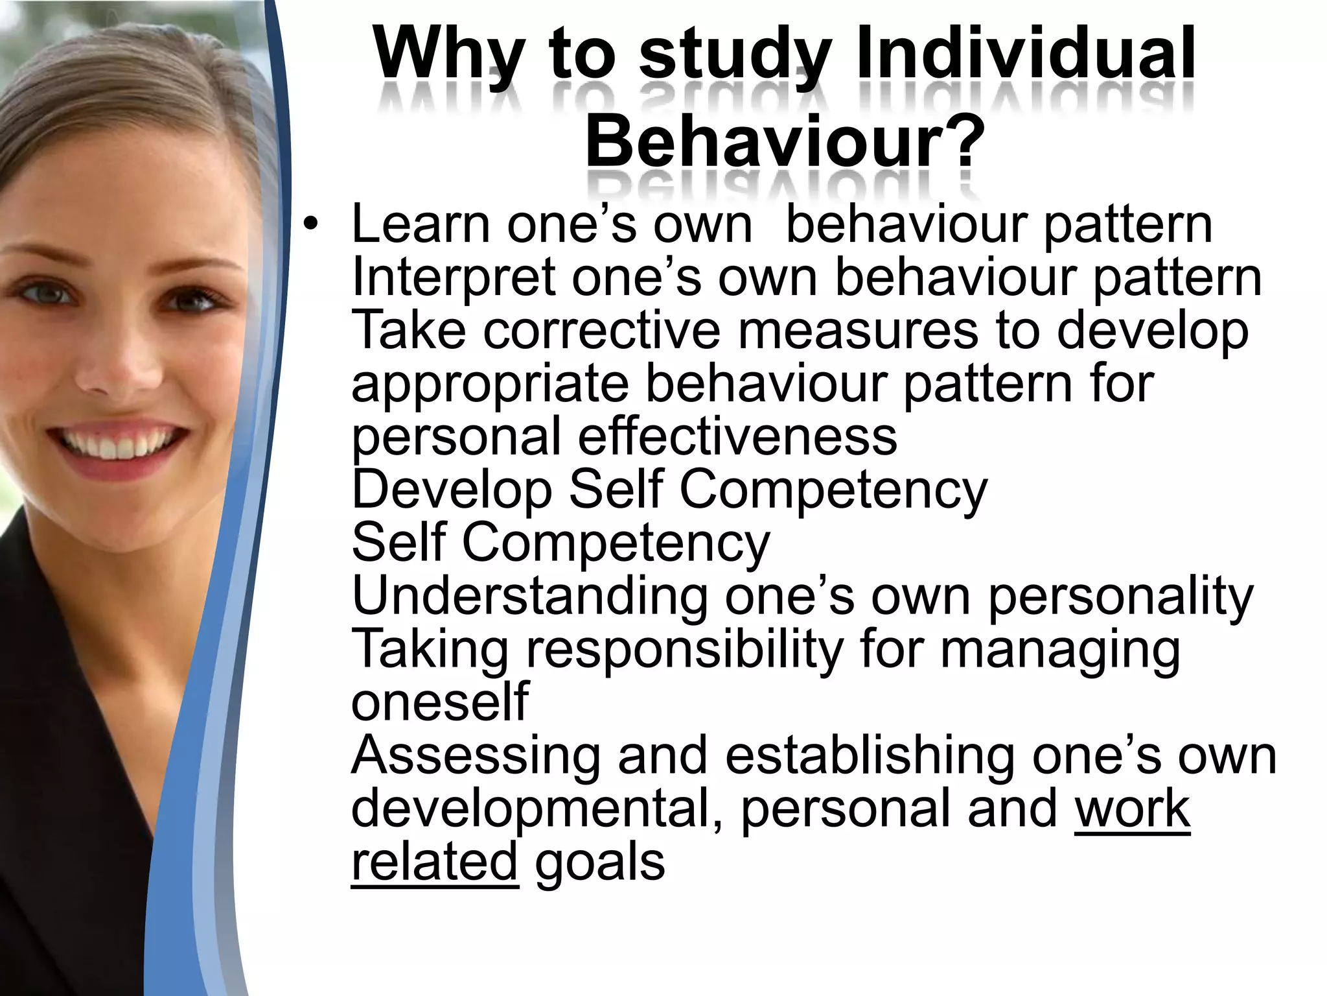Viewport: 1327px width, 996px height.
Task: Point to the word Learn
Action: point(421,224)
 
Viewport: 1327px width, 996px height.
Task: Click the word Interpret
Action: point(453,278)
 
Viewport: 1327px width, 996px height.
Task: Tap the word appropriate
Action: point(490,385)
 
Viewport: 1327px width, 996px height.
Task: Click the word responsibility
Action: point(684,649)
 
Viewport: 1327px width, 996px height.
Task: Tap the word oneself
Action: point(440,702)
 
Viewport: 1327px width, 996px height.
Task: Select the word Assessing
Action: point(476,755)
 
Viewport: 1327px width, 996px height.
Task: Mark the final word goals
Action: point(600,862)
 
